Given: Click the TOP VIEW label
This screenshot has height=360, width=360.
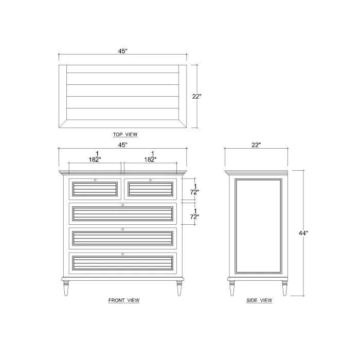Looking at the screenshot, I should click(x=125, y=134).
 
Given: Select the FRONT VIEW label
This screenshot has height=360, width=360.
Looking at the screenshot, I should click(x=123, y=300).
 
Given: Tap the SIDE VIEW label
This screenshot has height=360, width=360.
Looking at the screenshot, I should click(x=259, y=300).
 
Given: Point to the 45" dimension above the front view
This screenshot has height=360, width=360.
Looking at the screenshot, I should click(x=122, y=145).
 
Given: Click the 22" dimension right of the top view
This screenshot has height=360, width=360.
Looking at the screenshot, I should click(x=196, y=96).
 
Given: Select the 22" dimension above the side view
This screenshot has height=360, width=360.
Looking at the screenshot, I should click(x=256, y=145).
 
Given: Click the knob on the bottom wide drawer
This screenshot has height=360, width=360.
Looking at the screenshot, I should click(x=122, y=254).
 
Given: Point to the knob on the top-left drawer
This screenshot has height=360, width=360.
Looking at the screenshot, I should click(x=95, y=180).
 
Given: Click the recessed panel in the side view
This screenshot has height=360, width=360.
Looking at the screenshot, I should click(x=257, y=226).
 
